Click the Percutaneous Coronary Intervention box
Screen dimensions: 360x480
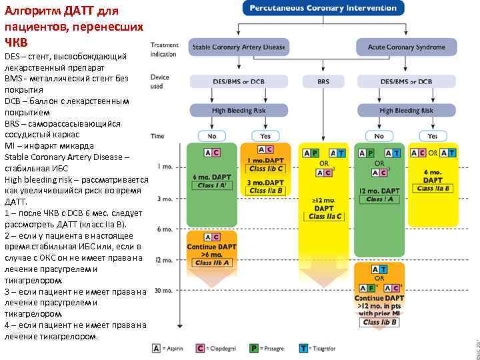323,9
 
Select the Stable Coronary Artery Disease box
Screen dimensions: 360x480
239,47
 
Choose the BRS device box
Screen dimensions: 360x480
323,81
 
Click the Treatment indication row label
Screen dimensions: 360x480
163,49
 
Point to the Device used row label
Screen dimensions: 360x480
159,81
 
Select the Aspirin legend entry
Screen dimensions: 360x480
172,347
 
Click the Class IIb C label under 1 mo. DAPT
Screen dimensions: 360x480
266,169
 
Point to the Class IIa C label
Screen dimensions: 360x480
323,217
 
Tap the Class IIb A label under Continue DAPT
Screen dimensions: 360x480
212,263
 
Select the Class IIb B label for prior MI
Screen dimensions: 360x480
380,322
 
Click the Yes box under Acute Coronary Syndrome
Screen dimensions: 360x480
433,136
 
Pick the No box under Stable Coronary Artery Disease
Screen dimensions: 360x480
212,136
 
